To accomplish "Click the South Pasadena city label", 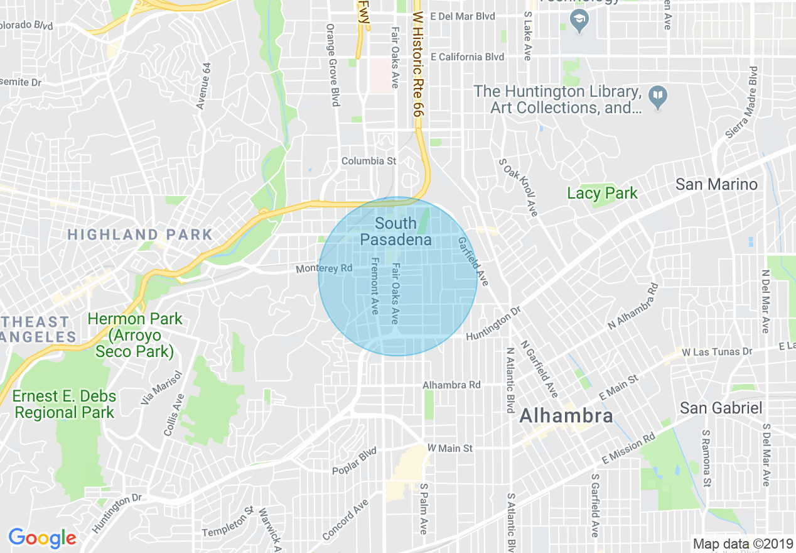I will coord(395,231).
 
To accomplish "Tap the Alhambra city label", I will coord(566,415).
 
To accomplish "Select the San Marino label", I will coord(716,185).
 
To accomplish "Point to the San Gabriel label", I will coord(721,408).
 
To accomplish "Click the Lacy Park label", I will coord(602,194).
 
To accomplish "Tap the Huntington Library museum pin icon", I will coord(658,96).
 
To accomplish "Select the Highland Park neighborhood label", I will coord(140,235).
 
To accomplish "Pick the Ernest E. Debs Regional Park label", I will coord(65,405).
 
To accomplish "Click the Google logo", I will coord(42,538).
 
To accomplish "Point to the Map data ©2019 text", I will coord(743,544).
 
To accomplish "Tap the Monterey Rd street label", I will coord(325,269).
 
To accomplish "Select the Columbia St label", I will coord(368,162).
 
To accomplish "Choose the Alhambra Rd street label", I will coord(451,385).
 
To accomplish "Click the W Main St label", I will coord(450,449).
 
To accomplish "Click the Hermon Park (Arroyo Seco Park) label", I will coord(135,335).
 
